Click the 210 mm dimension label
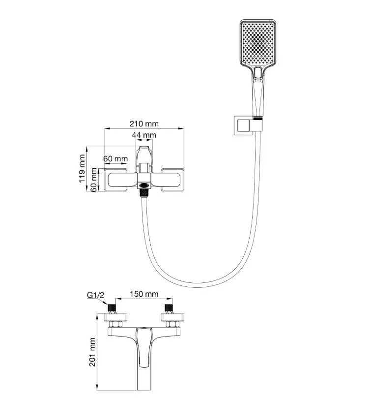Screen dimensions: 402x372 tap(144, 124)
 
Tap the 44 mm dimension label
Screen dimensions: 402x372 tap(144, 135)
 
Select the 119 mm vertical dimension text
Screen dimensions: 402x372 tap(83, 168)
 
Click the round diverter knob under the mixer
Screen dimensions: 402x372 tap(143, 186)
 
